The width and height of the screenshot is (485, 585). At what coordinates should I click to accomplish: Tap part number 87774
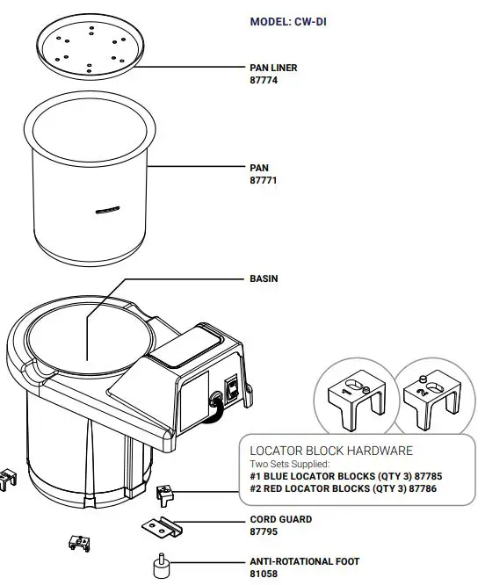pyautogui.click(x=264, y=79)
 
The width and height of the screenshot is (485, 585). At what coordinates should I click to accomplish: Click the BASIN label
pyautogui.click(x=264, y=278)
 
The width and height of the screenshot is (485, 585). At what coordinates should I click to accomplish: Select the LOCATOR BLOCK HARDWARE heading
pyautogui.click(x=331, y=451)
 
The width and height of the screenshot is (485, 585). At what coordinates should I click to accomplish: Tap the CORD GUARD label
pyautogui.click(x=281, y=519)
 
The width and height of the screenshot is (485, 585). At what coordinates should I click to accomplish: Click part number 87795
pyautogui.click(x=264, y=531)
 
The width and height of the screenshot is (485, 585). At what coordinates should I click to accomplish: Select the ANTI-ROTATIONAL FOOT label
pyautogui.click(x=304, y=561)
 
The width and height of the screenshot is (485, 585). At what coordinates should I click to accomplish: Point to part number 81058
pyautogui.click(x=264, y=574)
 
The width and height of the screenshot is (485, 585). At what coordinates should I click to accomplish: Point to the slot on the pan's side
pyautogui.click(x=108, y=209)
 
